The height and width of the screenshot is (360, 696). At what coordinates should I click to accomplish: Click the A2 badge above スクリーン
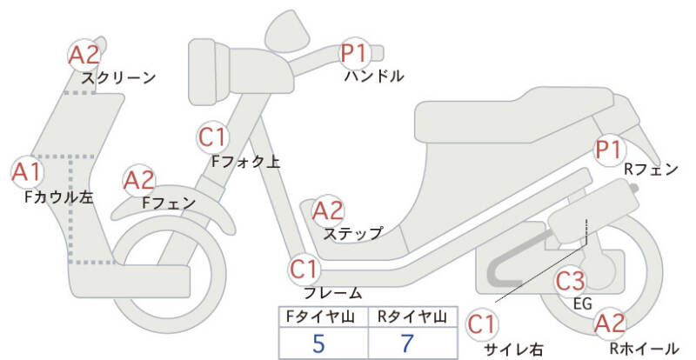(x=84, y=55)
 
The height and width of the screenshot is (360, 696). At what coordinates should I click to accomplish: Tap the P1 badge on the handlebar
(x=355, y=53)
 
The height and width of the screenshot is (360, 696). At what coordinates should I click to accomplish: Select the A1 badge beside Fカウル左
(x=28, y=172)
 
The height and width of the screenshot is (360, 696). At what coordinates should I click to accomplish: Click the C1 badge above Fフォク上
(x=213, y=137)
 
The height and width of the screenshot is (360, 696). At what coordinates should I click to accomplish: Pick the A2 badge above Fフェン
(x=139, y=181)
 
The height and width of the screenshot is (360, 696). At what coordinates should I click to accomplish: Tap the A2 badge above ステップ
(x=328, y=210)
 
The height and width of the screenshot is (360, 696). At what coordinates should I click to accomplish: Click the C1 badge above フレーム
(x=304, y=269)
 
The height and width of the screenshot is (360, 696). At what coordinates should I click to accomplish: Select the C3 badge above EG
(x=571, y=281)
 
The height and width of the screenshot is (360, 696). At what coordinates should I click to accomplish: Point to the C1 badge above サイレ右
(x=482, y=324)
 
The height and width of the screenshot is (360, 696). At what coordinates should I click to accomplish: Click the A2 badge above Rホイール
(x=610, y=323)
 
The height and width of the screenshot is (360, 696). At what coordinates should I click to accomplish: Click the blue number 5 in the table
(x=318, y=343)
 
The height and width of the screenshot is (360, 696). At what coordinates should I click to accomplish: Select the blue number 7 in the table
(x=407, y=343)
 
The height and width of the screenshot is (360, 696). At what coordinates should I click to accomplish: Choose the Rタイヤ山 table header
(x=412, y=317)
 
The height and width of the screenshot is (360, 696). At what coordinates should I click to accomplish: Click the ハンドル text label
(x=374, y=77)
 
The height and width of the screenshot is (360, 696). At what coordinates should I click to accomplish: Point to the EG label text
(x=583, y=303)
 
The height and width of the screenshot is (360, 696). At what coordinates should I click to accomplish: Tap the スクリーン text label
(x=118, y=78)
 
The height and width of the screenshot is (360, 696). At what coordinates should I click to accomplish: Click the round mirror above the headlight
(x=287, y=31)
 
